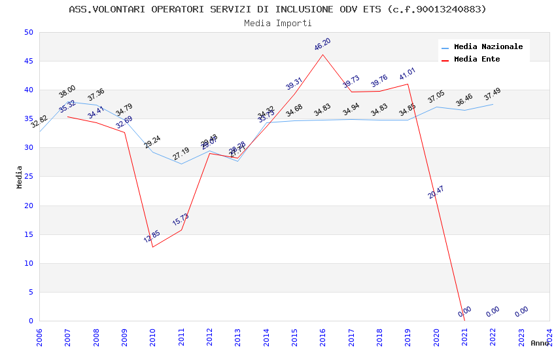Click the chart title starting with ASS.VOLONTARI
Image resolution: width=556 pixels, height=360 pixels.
(277, 9)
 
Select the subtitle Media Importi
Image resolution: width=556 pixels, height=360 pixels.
(277, 23)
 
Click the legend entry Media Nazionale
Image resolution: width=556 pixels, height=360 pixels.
(488, 46)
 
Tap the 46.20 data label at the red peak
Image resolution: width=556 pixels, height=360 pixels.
(322, 45)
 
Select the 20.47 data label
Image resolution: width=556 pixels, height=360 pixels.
(436, 192)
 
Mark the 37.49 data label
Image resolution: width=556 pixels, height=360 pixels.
(492, 95)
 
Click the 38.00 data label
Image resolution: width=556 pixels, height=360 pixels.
(67, 92)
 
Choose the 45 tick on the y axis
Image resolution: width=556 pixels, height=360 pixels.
(29, 62)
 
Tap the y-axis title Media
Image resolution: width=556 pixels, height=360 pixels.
(20, 177)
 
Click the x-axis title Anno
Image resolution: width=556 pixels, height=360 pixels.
(540, 343)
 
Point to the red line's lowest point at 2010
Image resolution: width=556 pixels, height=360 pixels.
(152, 247)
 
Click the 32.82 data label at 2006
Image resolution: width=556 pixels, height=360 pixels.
(39, 122)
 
